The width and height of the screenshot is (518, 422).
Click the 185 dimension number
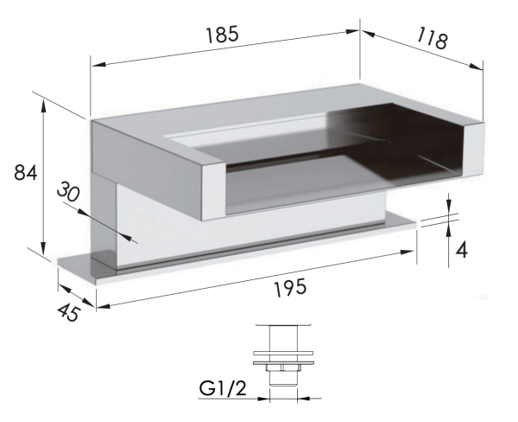[x=222, y=35]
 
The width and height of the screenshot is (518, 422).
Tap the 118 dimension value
[x=433, y=38]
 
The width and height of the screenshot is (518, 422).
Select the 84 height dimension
[x=25, y=172]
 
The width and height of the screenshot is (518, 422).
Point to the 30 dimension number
[x=68, y=192]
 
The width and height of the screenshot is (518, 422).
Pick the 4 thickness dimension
[x=462, y=250]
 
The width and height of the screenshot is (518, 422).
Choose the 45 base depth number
[x=68, y=313]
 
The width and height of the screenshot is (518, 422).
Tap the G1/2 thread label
[x=223, y=388]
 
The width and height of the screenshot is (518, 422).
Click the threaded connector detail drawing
[x=283, y=356]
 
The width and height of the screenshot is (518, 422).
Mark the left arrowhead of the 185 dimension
[x=98, y=64]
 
